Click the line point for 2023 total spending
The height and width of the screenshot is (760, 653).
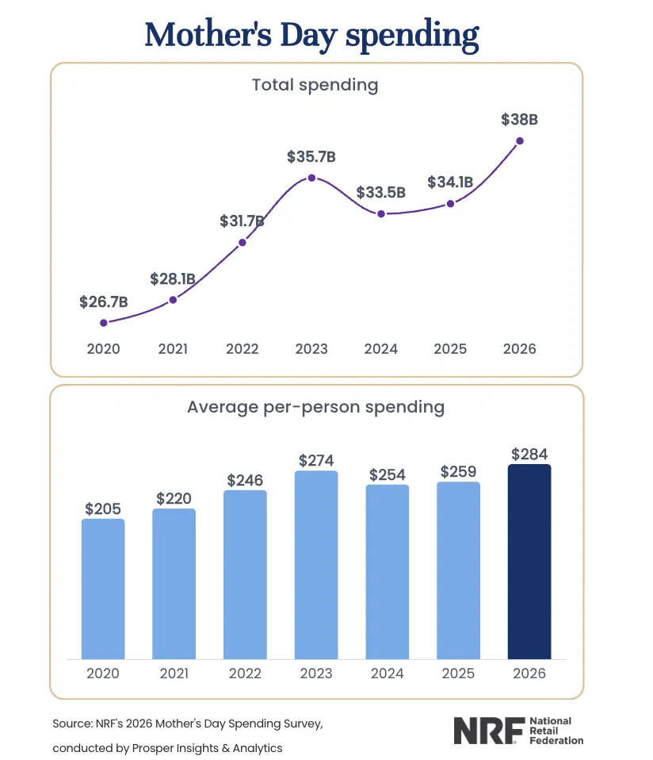(311, 178)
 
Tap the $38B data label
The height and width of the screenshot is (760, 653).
(520, 121)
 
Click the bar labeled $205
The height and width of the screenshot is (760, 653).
(103, 588)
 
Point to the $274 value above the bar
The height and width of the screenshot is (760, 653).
(315, 459)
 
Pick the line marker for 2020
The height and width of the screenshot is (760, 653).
(104, 323)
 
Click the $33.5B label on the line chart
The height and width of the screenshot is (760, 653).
(381, 192)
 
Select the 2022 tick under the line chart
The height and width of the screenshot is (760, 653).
(242, 349)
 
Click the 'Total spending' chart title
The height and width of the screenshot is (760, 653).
(315, 84)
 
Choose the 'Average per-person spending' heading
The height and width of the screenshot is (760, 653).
(315, 407)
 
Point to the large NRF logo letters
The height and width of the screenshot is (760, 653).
(484, 731)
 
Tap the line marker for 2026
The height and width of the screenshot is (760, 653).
(520, 140)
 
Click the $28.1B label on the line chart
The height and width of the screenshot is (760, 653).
(172, 279)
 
